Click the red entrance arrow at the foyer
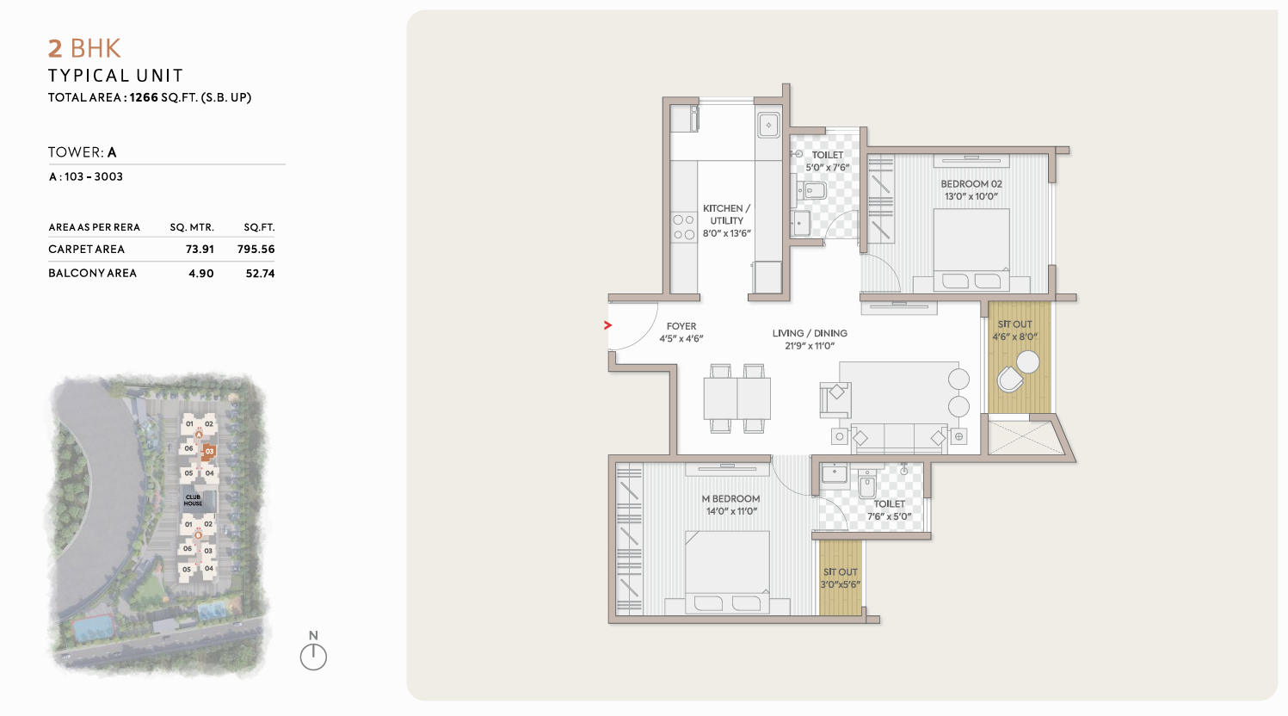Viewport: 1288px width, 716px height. tap(607, 325)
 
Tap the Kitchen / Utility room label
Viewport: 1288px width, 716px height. tap(727, 214)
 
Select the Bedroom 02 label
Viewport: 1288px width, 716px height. tap(971, 184)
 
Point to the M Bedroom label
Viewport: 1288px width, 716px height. tap(730, 498)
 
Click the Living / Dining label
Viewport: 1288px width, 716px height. tap(810, 333)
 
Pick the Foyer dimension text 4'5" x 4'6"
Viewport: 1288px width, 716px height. tap(681, 339)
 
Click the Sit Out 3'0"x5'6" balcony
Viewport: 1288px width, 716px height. tap(840, 577)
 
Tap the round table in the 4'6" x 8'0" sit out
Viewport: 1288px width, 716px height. tap(1027, 362)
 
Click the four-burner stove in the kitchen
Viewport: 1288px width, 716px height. tap(684, 226)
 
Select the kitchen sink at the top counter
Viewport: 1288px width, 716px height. tap(768, 125)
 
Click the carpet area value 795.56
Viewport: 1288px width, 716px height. tap(256, 249)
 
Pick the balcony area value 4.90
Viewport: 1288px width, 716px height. tap(201, 274)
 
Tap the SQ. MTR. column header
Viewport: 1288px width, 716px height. tap(192, 227)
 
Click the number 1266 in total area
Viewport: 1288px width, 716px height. tap(144, 97)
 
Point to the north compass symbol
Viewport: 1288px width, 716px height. tap(313, 656)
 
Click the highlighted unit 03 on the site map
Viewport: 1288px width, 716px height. tap(209, 452)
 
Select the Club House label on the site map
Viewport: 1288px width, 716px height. tap(193, 500)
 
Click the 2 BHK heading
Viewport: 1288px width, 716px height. tap(84, 48)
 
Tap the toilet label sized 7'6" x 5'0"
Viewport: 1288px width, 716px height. tap(890, 510)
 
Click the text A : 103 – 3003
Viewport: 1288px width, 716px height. tap(86, 176)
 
